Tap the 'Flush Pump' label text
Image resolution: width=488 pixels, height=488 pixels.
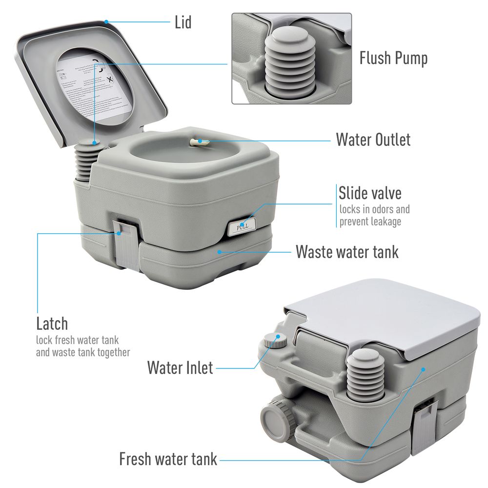pyautogui.click(x=393, y=58)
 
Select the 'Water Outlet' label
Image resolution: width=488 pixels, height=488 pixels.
pyautogui.click(x=373, y=140)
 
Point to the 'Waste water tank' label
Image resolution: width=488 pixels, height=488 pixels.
pyautogui.click(x=347, y=252)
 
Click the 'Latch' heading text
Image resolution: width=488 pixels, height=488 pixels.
pyautogui.click(x=52, y=324)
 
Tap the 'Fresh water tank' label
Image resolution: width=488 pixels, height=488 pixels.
pyautogui.click(x=168, y=459)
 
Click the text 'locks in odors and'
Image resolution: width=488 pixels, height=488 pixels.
pyautogui.click(x=374, y=210)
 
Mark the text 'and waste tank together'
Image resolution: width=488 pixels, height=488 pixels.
pyautogui.click(x=83, y=352)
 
